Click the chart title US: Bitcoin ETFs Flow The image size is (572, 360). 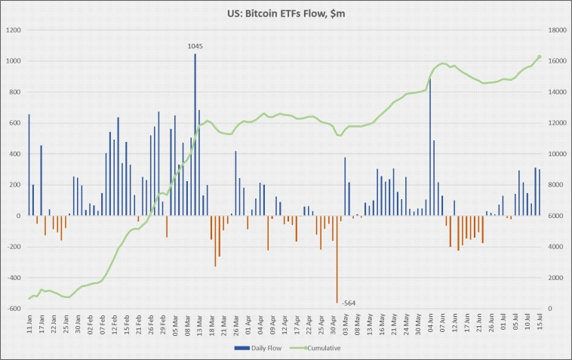(x=285, y=13)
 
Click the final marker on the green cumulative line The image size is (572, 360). (x=539, y=57)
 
